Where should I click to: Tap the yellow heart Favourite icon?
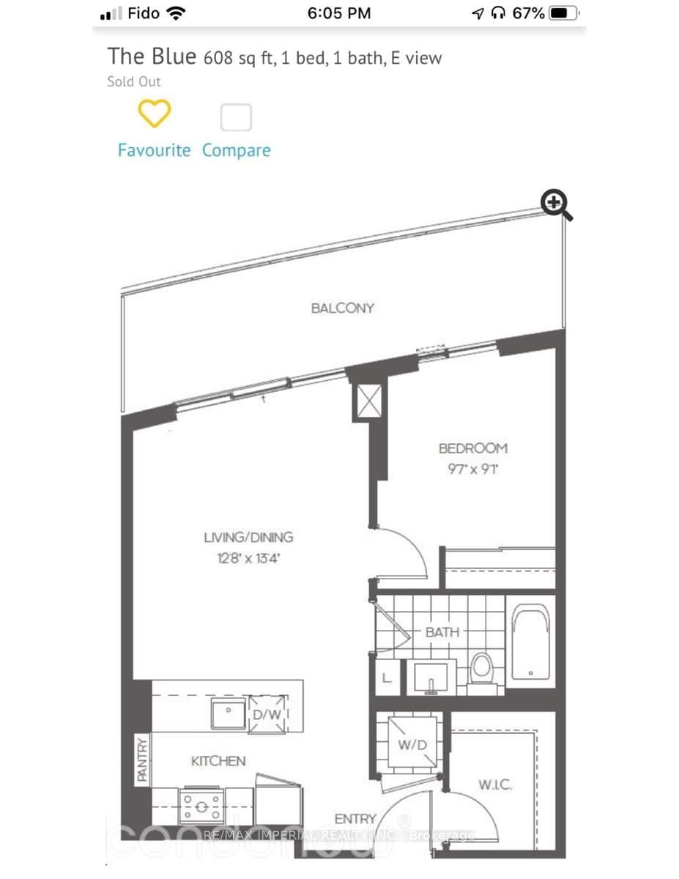click(155, 114)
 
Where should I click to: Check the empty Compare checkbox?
click(236, 117)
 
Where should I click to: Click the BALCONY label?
click(342, 308)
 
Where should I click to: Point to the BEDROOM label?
click(472, 448)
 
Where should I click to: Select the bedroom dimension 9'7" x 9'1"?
click(472, 469)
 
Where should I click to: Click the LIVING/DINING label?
click(248, 537)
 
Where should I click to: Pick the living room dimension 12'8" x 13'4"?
click(248, 558)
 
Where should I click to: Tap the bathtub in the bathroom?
click(529, 642)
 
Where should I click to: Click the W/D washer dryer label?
click(412, 746)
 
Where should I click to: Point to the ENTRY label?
click(355, 818)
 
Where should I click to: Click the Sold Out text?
click(134, 81)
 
